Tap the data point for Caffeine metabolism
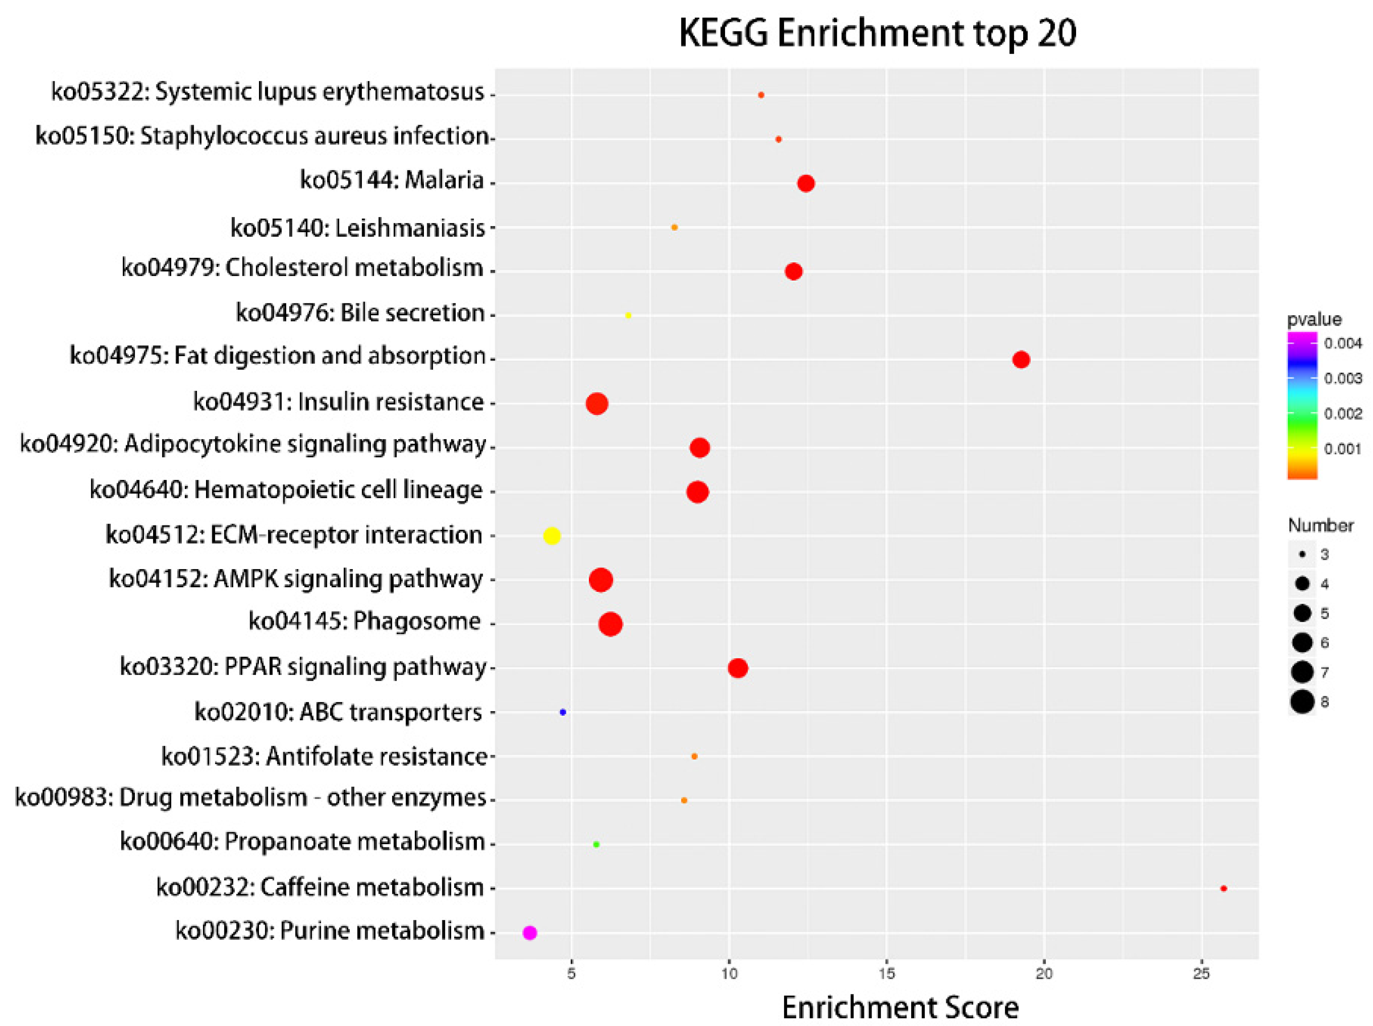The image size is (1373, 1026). [1223, 888]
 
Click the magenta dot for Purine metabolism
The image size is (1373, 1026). [529, 932]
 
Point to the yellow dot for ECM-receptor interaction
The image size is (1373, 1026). [552, 536]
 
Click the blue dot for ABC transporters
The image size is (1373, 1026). [562, 712]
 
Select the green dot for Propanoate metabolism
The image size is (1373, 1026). [596, 844]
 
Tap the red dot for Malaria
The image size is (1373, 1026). [806, 183]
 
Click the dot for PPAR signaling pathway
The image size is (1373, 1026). [737, 668]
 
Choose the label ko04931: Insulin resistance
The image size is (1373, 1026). [338, 402]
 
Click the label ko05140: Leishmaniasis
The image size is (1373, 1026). [358, 228]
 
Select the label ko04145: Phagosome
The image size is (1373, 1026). [364, 621]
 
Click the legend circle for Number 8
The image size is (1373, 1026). [1302, 702]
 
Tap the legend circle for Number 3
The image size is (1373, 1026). [1302, 554]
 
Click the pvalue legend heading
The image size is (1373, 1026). [1314, 319]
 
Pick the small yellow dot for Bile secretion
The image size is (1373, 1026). [628, 315]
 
